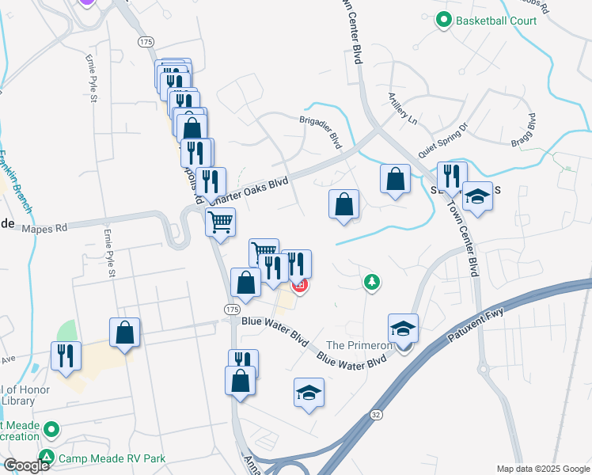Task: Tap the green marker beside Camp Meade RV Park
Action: pos(47,457)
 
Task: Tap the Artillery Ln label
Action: pos(401,108)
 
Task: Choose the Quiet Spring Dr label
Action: pos(445,140)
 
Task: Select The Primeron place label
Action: pos(359,346)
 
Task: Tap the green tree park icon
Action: pos(370,281)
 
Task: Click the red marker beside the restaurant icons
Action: pos(299,286)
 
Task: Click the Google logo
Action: pos(26,465)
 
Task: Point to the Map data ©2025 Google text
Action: pos(542,469)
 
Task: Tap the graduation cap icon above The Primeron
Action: pos(403,328)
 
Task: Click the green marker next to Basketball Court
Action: pos(444,20)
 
